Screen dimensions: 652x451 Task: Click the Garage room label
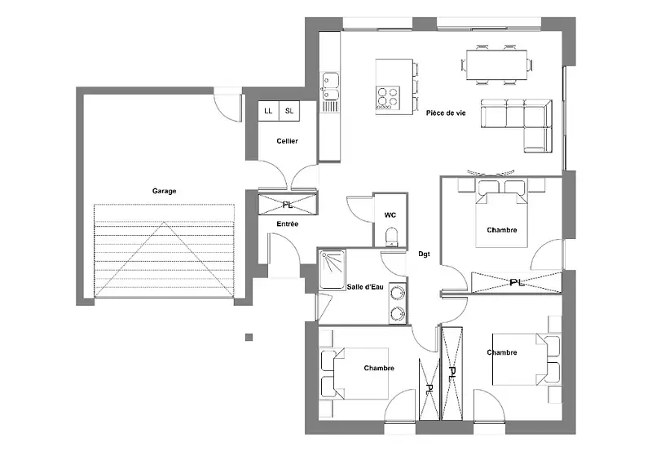pos(165,191)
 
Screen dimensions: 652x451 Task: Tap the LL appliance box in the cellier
pos(268,111)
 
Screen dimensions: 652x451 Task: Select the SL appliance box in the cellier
pos(289,111)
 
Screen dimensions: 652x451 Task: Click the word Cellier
pos(288,141)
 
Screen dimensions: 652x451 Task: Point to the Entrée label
pos(288,223)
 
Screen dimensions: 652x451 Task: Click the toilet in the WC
pos(391,237)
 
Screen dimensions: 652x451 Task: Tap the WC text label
pos(390,215)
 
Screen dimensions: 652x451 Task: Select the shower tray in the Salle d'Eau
pos(333,269)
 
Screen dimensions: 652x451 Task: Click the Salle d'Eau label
pos(365,286)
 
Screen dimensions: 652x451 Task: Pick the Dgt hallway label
pos(424,254)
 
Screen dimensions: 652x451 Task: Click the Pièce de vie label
pos(446,113)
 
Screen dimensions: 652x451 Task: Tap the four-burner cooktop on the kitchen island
pos(388,98)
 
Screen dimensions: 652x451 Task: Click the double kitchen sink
pos(331,86)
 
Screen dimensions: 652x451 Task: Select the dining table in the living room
pos(497,64)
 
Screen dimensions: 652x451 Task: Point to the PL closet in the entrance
pos(288,205)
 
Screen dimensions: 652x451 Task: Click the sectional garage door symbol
pos(165,251)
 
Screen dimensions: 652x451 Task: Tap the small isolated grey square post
pos(249,337)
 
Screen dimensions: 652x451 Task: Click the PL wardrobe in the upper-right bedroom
pos(517,282)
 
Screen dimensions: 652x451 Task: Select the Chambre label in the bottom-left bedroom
pos(379,368)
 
